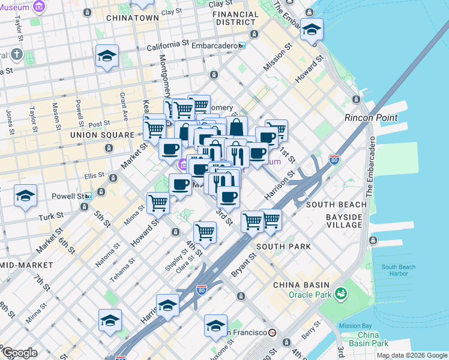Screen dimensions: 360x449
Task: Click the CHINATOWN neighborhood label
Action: [132, 18]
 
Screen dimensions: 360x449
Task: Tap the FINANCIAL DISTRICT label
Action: [235, 18]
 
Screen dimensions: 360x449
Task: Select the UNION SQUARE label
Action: [102, 135]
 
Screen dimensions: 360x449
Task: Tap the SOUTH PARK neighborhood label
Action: [283, 247]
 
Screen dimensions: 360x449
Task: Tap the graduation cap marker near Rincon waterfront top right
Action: [312, 29]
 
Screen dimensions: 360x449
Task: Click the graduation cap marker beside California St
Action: [107, 56]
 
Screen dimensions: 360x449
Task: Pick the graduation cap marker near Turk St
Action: [26, 196]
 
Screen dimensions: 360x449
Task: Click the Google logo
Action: [20, 353]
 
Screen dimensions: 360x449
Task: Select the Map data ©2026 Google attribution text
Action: [412, 355]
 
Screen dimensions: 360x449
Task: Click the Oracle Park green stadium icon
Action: [342, 293]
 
